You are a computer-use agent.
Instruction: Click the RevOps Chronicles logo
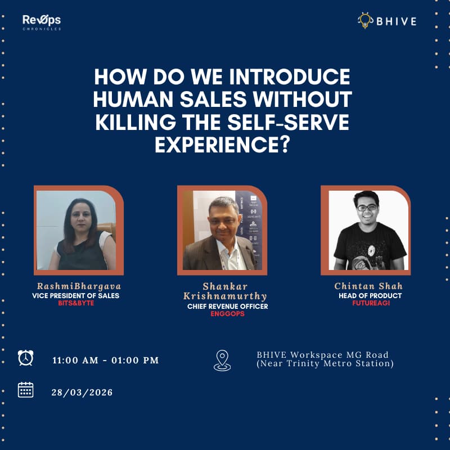[x=42, y=22]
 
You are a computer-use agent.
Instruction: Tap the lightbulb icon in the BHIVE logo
[x=364, y=21]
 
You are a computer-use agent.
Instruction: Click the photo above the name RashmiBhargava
[x=78, y=230]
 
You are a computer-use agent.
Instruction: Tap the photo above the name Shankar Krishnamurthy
[x=222, y=230]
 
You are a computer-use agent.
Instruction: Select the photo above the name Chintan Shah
[x=366, y=230]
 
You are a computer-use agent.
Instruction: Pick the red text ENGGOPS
[x=227, y=314]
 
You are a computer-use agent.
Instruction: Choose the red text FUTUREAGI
[x=369, y=303]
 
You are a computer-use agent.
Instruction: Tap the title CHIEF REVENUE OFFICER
[x=227, y=307]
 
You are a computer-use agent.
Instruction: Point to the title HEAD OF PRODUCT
[x=369, y=295]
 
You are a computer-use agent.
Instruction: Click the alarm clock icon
[x=25, y=358]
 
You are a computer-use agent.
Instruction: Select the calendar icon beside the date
[x=25, y=390]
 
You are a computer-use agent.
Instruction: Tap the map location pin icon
[x=222, y=360]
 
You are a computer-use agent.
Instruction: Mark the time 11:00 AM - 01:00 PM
[x=106, y=360]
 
